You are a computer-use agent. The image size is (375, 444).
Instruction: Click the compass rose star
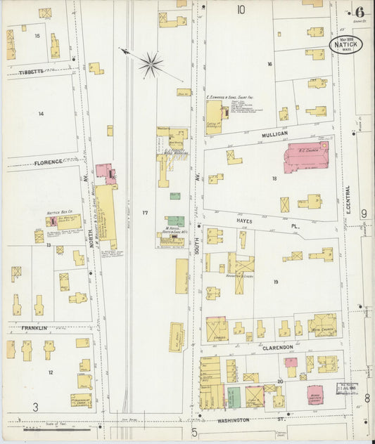tap(150, 65)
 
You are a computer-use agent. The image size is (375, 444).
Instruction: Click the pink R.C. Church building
tap(310, 157)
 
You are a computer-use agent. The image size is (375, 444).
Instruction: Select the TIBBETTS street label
tap(31, 72)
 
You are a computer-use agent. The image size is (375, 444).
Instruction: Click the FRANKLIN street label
tap(34, 328)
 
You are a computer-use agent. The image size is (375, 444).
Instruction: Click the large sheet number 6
tap(360, 12)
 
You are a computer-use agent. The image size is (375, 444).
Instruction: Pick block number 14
tap(41, 113)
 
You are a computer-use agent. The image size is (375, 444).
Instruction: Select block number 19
tap(276, 282)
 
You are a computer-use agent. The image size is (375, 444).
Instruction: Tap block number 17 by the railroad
tap(145, 212)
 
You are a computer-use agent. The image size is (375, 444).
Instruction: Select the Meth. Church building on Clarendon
tap(322, 324)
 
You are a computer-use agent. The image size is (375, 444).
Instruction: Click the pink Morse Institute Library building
tap(315, 393)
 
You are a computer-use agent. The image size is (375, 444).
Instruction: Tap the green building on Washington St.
tap(234, 397)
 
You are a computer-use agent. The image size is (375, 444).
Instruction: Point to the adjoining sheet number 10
tap(241, 10)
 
